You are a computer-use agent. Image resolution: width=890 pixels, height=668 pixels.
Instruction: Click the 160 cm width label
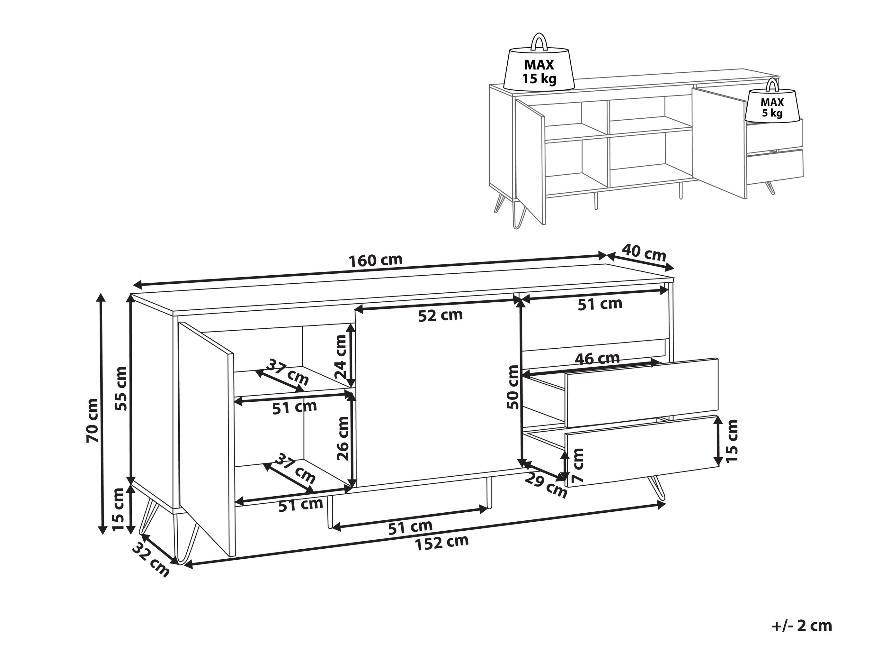[x=375, y=260]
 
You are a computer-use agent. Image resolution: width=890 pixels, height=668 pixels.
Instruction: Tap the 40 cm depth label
[x=644, y=252]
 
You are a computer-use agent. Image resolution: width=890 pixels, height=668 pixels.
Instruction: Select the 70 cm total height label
[x=92, y=420]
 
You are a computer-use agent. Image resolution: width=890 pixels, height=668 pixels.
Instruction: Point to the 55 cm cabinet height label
[x=121, y=388]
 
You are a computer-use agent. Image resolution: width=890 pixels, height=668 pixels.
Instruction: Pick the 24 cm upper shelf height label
[x=340, y=356]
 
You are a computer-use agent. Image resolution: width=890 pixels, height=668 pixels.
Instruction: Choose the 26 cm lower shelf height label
[x=343, y=438]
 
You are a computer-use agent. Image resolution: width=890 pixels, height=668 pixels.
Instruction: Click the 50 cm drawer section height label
[x=513, y=387]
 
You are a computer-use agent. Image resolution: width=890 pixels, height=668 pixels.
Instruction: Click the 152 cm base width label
[x=442, y=542]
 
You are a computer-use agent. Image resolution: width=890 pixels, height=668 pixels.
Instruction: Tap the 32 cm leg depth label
[x=151, y=559]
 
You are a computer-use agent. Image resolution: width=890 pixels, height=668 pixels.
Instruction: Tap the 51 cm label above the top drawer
[x=600, y=304]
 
